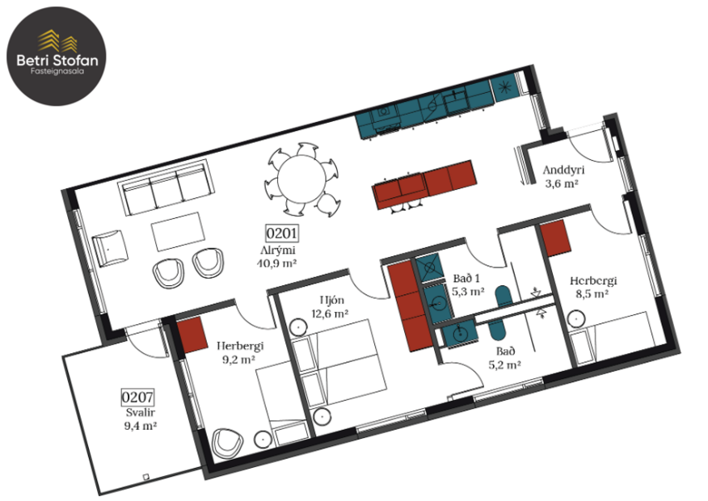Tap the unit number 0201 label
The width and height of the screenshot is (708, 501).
click(283, 235)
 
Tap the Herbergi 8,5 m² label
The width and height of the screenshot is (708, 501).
click(592, 287)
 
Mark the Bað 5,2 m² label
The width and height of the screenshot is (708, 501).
click(504, 358)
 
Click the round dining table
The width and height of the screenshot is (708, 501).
click(300, 175)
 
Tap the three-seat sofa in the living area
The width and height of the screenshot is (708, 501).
click(164, 187)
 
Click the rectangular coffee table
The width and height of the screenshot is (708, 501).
click(178, 230)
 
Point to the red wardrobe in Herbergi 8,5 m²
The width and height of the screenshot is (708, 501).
click(557, 237)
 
